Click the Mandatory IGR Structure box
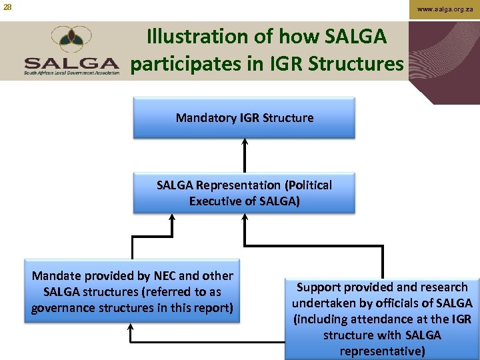pos(244,118)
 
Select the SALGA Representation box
pos(244,193)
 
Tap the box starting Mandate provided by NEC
pos(132,291)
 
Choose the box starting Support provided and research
pos(382,319)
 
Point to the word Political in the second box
pos(307,185)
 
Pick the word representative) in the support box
pos(382,351)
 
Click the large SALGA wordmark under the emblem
pos(72,63)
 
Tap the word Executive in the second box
pos(216,201)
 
